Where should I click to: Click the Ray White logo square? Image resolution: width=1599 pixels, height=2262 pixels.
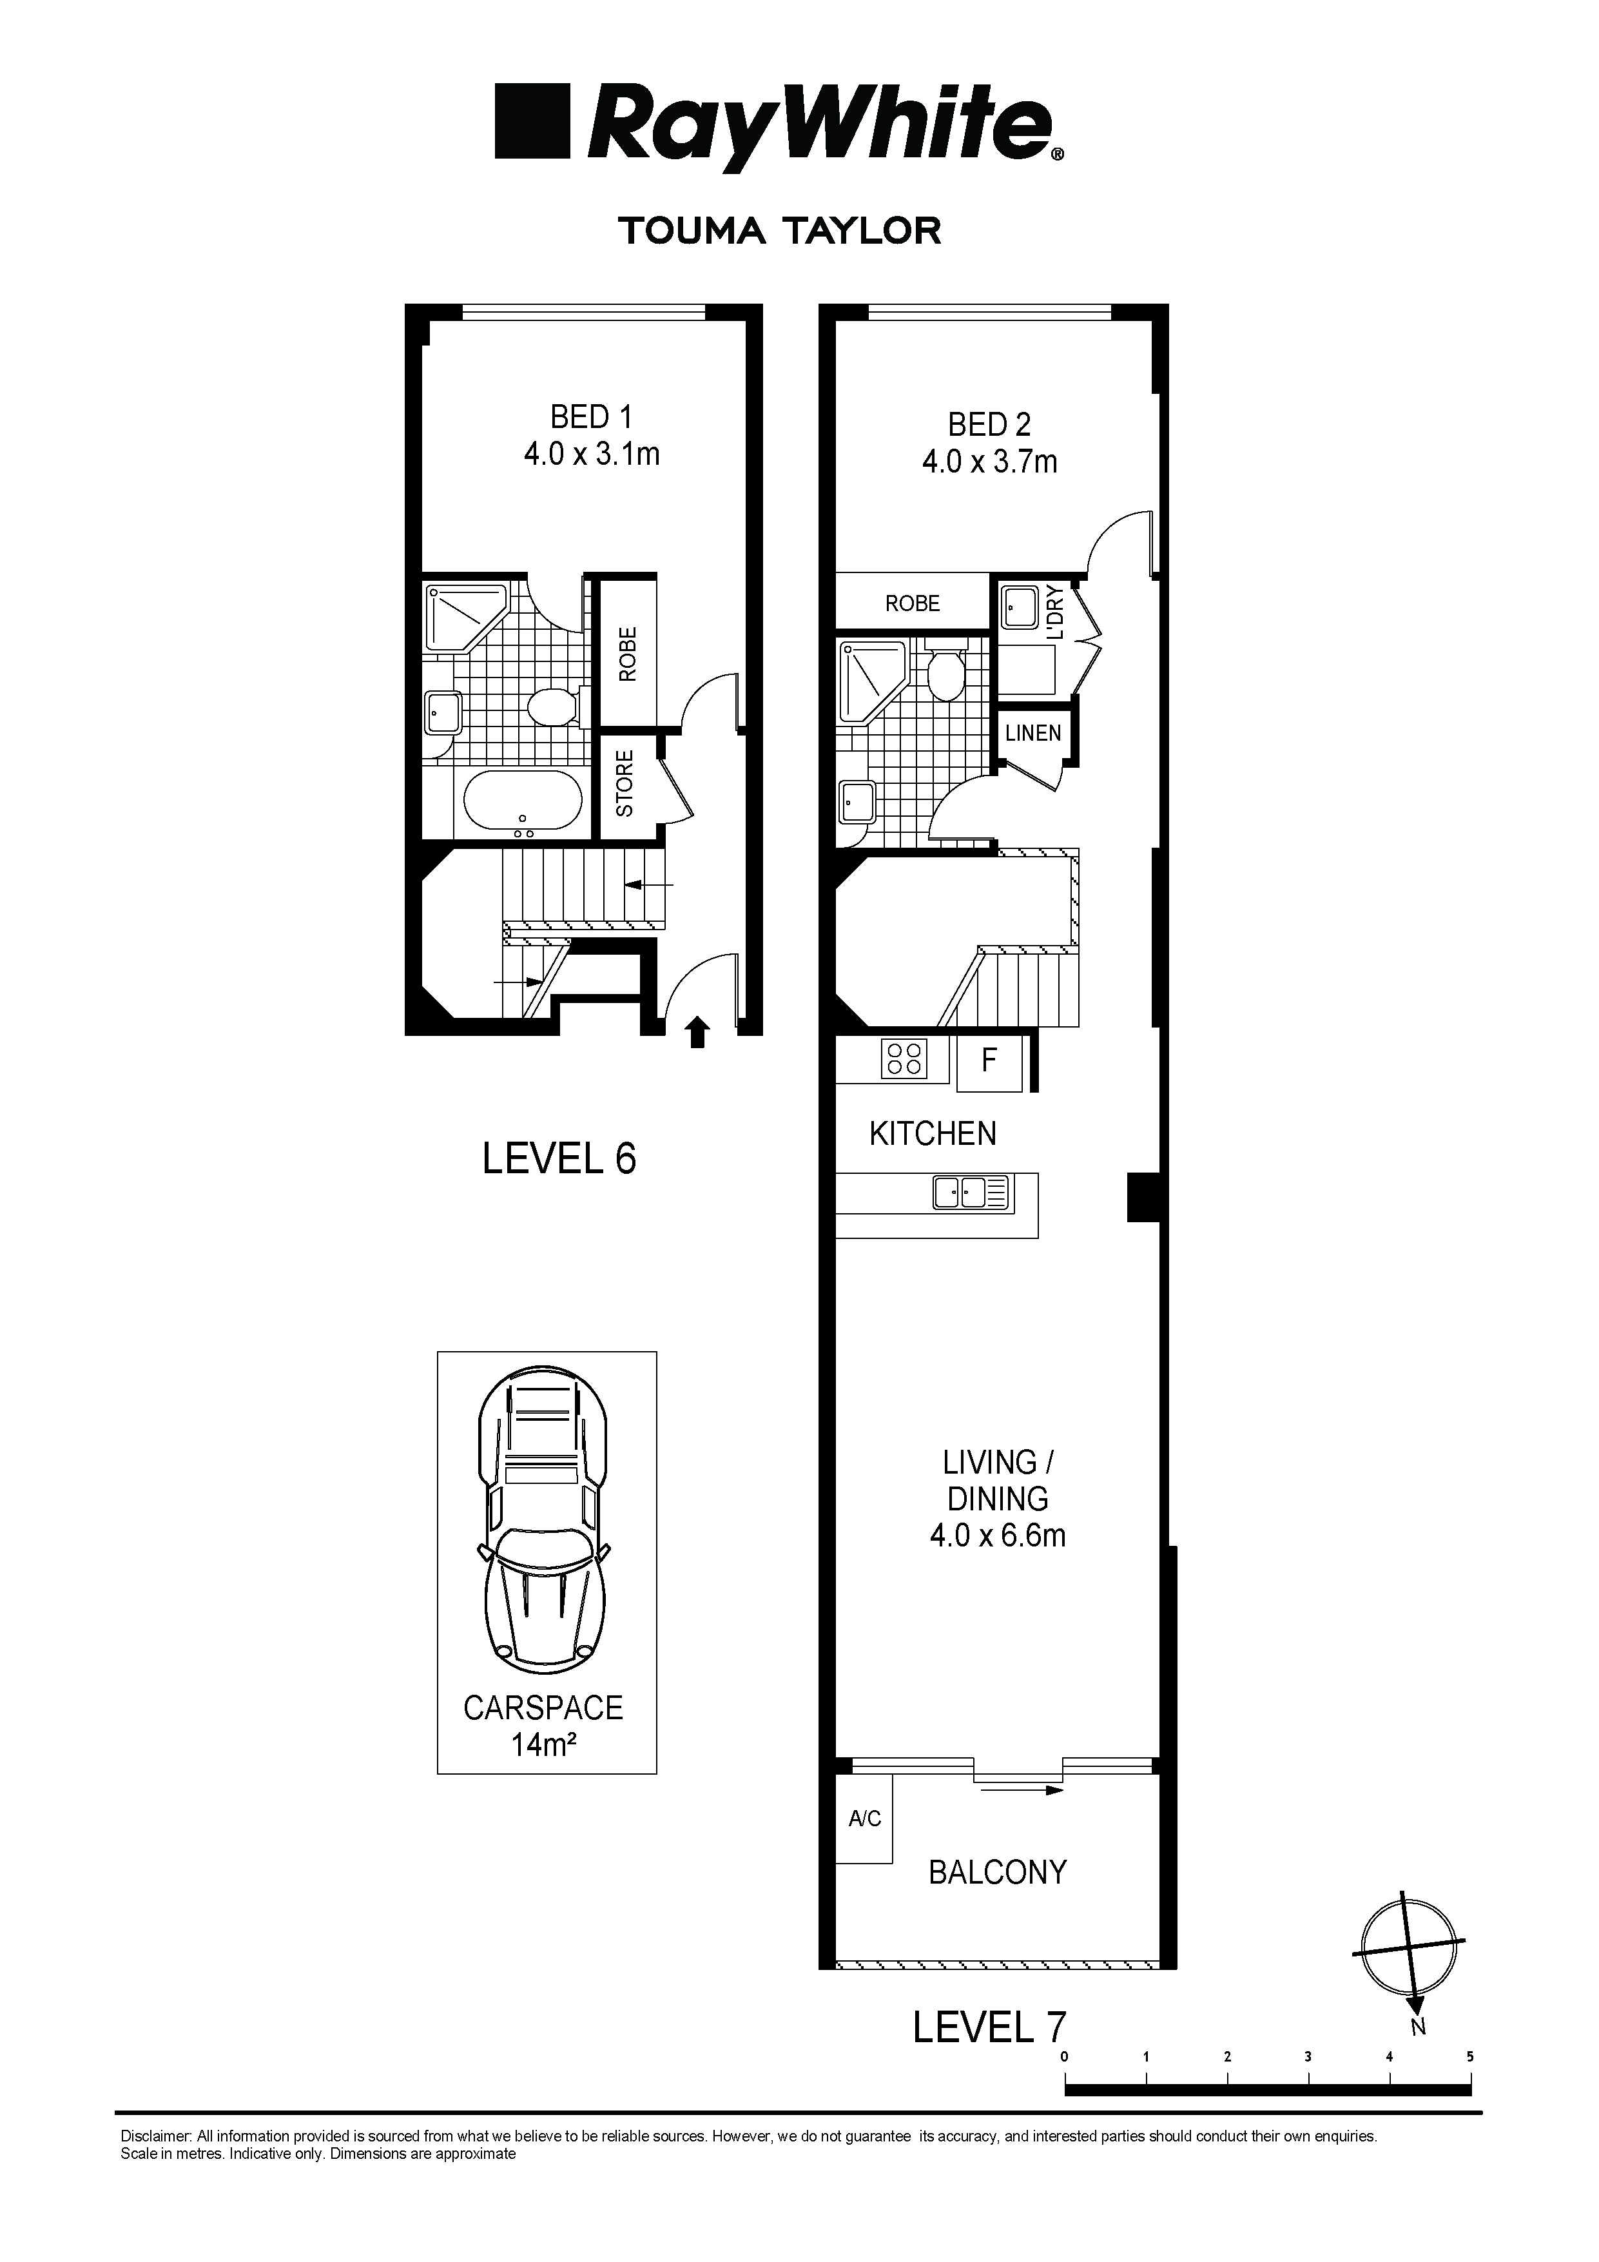[x=533, y=121]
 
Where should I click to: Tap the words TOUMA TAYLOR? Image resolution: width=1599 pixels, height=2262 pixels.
[x=779, y=231]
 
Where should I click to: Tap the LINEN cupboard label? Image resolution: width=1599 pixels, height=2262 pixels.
[x=1034, y=733]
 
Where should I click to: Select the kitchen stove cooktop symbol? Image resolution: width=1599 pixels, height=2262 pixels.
[x=904, y=1060]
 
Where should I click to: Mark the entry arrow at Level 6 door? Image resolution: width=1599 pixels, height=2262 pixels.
[x=697, y=1033]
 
